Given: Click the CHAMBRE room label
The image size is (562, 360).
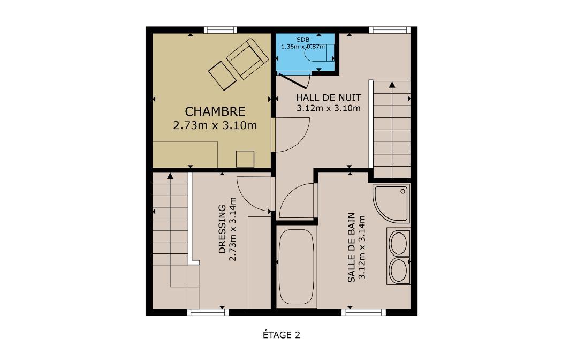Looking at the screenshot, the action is coord(215,111).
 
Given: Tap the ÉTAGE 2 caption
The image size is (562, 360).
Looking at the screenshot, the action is coord(282,335).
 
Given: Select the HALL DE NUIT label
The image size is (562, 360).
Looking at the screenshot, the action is coord(328,97).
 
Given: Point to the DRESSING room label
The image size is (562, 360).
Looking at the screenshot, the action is coord(223,229).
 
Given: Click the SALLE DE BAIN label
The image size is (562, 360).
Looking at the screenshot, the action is coord(351,247).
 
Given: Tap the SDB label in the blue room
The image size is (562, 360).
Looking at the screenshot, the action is coord(303,40).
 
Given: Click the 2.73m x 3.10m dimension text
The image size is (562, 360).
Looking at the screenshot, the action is coord(215,125).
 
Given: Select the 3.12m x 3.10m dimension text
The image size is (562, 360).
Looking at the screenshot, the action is coord(328,108).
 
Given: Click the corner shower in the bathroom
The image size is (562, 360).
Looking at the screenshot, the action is coord(391,204).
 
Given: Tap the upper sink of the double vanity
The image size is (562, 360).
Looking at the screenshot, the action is coord(398,243).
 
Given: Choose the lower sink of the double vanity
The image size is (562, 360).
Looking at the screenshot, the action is coord(398,271).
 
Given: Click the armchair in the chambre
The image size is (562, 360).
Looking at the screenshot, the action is coord(247,58).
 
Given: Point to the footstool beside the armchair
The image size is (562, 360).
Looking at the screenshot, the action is coord(222,76).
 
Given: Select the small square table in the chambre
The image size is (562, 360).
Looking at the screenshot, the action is coord(245,159).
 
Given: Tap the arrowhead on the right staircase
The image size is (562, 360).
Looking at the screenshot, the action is coord(392,85).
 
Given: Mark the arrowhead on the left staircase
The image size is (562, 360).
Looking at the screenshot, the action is coord(170,176).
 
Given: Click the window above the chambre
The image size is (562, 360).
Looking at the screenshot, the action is coord(220,30).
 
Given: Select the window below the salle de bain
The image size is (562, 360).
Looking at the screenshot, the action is coord(364,312).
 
